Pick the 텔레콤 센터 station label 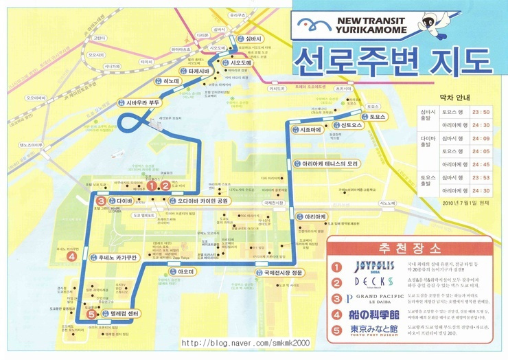click(x=124, y=314)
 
